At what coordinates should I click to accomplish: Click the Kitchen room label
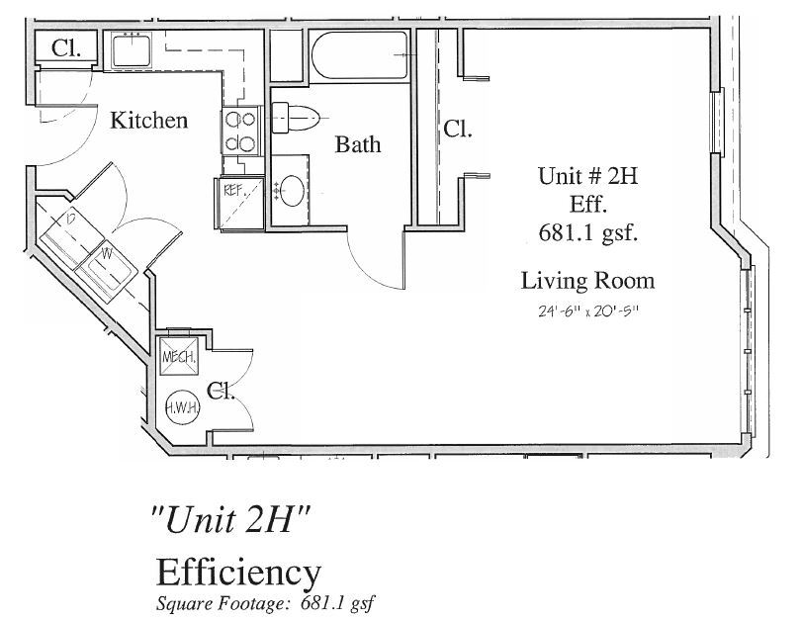pos(148,121)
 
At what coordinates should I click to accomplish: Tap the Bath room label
pos(357,144)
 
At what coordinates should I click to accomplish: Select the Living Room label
pos(587,281)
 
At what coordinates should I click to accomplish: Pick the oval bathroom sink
pos(293,190)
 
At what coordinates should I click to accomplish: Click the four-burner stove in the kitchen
pos(240,131)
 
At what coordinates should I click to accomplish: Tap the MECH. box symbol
pos(178,354)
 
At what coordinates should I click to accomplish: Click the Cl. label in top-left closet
pos(66,47)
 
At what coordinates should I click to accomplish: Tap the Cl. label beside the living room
pos(458,129)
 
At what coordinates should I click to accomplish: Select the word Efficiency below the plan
pos(238,573)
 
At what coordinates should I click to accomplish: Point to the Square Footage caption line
pos(267,601)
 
